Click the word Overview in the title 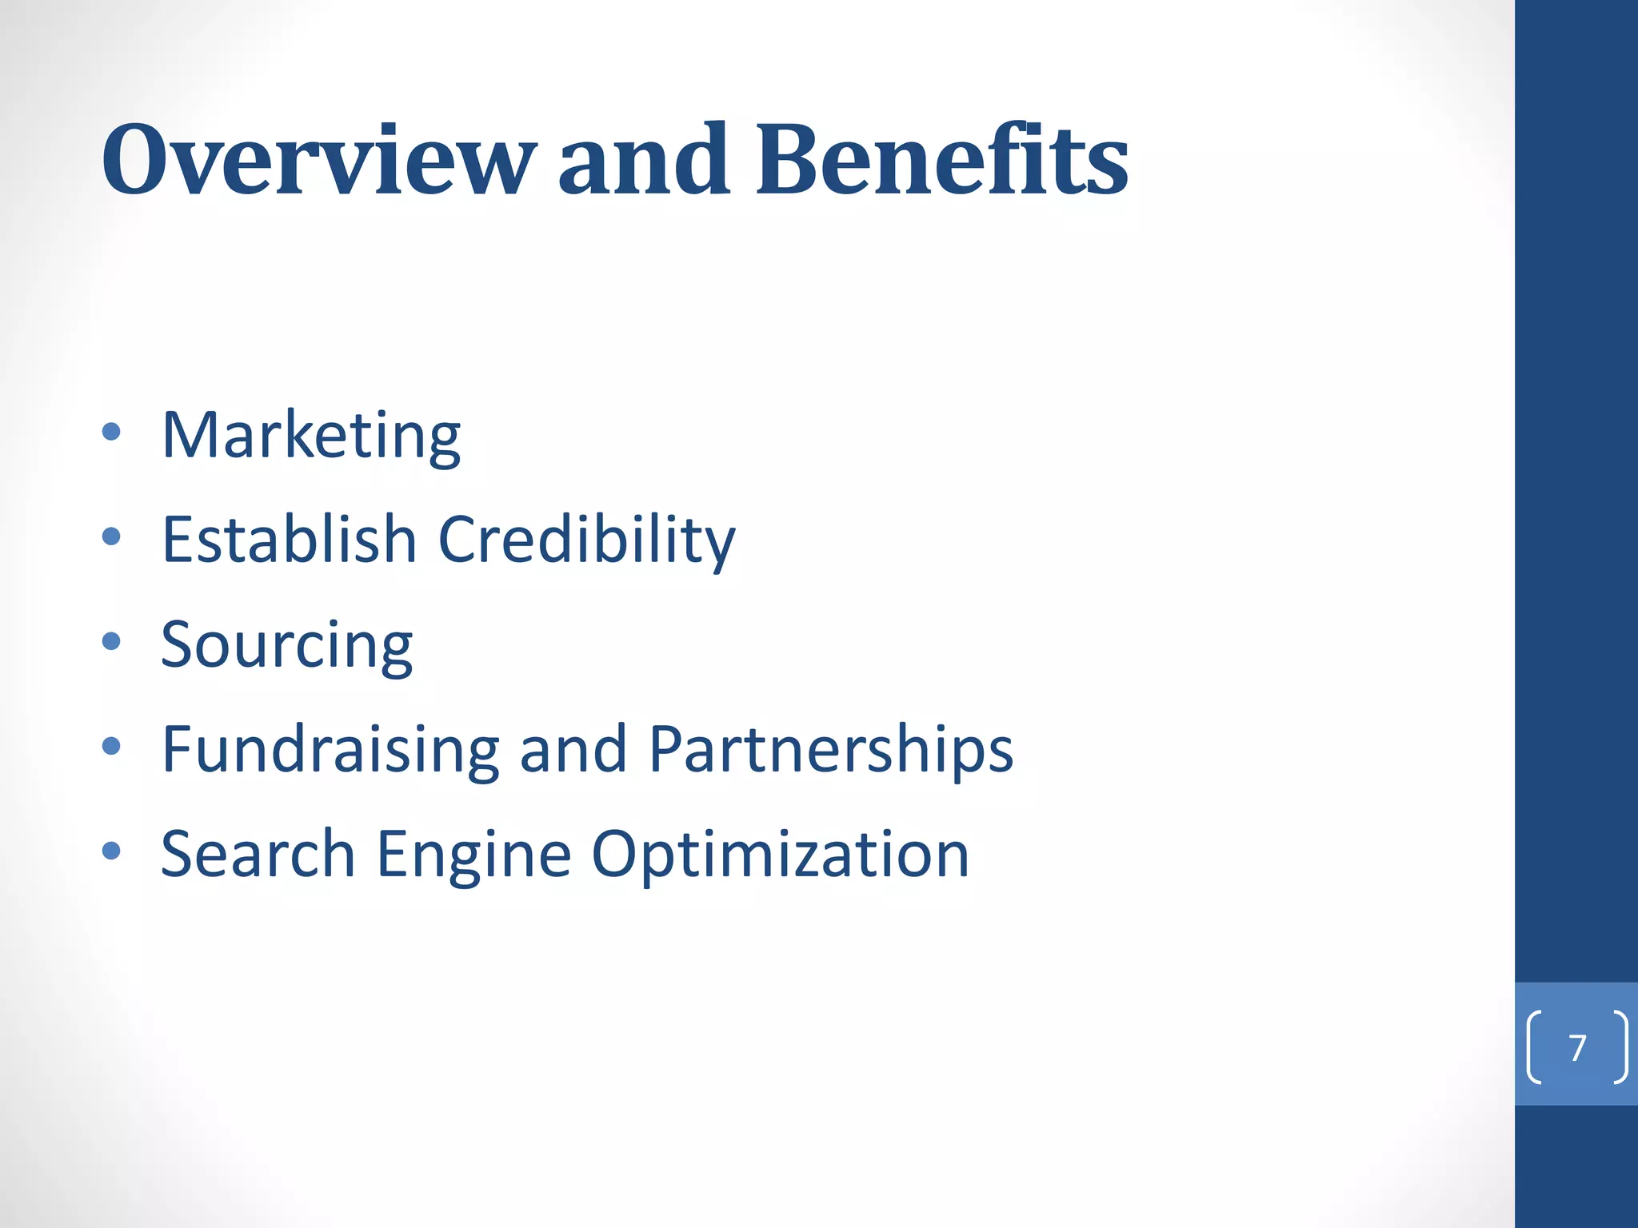tap(318, 160)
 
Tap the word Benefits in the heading tap(941, 160)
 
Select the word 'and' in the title tap(644, 160)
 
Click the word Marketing tap(311, 436)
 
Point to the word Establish tap(289, 539)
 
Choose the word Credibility tap(586, 540)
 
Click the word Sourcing tap(286, 645)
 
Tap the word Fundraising tap(330, 750)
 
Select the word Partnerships tap(830, 750)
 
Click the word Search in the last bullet tap(258, 854)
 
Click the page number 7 tap(1577, 1047)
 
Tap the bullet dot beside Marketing tap(111, 433)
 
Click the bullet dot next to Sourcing tap(111, 641)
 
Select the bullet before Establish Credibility tap(111, 536)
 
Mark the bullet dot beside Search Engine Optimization tap(111, 851)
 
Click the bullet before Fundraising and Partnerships tap(111, 746)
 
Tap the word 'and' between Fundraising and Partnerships tap(573, 750)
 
